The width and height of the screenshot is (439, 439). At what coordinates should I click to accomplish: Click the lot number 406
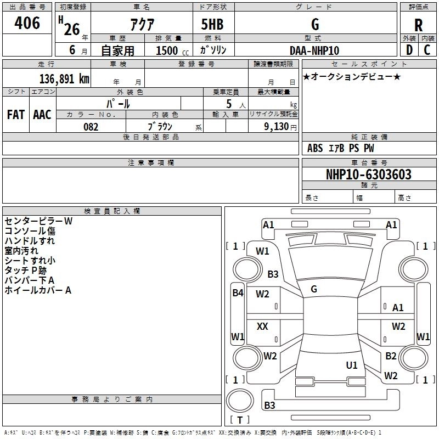click(27, 23)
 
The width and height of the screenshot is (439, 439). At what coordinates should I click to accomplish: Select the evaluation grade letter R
click(418, 25)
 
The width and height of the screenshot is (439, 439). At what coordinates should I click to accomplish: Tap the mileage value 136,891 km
click(64, 78)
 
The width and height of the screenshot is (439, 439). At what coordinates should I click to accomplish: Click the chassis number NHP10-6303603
click(368, 175)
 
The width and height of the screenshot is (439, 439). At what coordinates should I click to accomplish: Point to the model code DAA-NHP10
click(314, 50)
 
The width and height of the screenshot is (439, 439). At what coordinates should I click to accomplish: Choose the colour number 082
click(91, 127)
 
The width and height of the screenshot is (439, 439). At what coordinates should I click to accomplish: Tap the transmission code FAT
click(15, 115)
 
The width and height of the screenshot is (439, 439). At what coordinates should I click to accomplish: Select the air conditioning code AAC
click(42, 115)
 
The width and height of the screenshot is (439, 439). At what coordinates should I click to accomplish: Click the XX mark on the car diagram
click(262, 327)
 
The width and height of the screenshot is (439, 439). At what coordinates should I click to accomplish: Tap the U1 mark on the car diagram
click(352, 365)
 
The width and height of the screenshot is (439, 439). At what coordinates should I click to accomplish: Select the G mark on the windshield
click(314, 289)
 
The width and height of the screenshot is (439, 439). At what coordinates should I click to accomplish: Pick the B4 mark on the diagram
click(237, 293)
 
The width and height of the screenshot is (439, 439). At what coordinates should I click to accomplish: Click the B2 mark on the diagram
click(391, 356)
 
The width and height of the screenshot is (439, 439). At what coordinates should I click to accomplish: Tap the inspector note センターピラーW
click(38, 221)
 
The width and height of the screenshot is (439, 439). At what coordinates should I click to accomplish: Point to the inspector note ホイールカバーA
click(38, 290)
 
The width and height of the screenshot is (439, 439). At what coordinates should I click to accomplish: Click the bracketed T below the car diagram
click(239, 420)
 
